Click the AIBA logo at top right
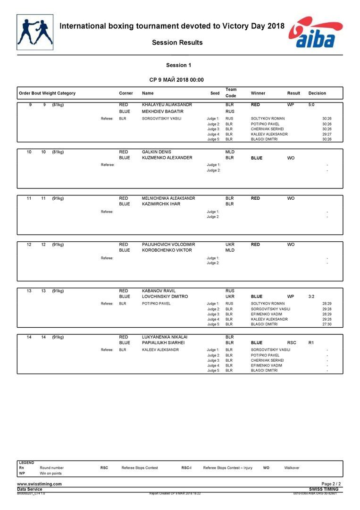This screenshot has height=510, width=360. (316, 33)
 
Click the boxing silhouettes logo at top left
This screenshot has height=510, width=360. (35, 32)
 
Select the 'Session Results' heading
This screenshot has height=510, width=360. (177, 42)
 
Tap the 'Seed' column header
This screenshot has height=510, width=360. (215, 93)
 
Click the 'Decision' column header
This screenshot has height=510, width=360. (317, 93)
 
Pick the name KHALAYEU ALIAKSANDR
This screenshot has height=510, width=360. (167, 104)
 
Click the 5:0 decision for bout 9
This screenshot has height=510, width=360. (311, 104)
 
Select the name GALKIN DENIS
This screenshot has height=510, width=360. (156, 152)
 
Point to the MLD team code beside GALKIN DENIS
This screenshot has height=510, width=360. (230, 152)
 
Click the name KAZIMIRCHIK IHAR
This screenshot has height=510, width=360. (161, 204)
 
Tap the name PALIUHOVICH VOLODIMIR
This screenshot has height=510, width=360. (168, 245)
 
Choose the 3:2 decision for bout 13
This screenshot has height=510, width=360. (311, 297)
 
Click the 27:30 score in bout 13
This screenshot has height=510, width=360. (327, 324)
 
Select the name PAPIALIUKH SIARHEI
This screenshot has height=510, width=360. (163, 343)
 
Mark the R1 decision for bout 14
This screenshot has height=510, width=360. (311, 343)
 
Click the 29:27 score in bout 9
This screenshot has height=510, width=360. (327, 134)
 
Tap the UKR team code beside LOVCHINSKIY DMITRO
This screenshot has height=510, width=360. (230, 297)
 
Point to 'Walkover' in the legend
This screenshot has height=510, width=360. (292, 468)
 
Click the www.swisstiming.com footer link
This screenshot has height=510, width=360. (39, 484)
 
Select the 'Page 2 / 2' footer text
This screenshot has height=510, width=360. (331, 484)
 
